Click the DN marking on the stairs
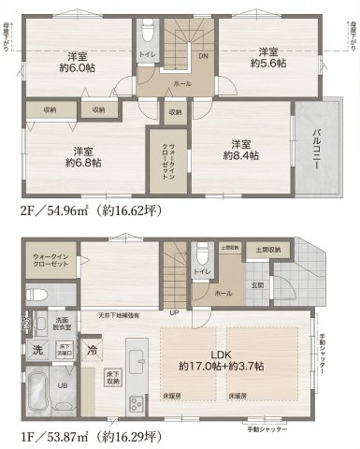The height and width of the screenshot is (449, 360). pyautogui.click(x=203, y=55)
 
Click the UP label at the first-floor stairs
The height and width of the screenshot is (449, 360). pyautogui.click(x=174, y=312)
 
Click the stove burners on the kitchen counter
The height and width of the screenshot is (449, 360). pyautogui.click(x=135, y=402)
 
